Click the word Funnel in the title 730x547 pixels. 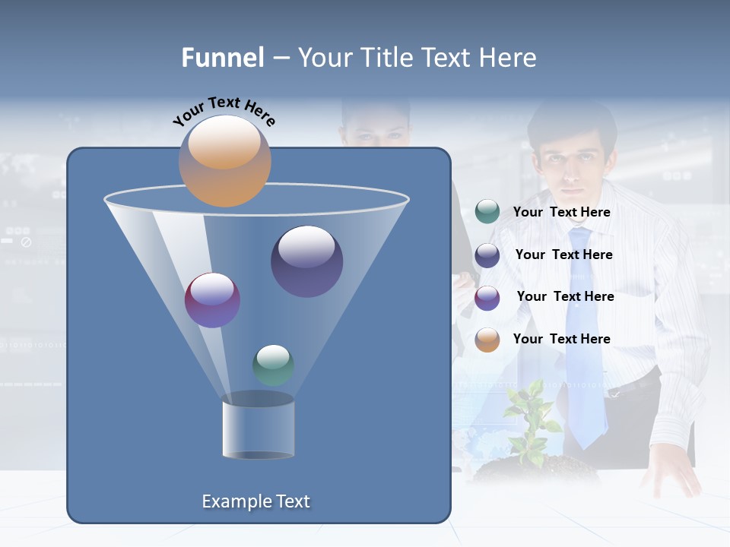click(223, 58)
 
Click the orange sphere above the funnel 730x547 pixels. click(224, 161)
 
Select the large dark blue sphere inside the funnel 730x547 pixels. click(306, 261)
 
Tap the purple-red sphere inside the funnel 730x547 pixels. click(212, 300)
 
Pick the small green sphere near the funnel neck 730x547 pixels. click(273, 365)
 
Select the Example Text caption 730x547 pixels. click(256, 501)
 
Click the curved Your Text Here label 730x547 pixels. click(224, 111)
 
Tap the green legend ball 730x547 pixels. click(487, 212)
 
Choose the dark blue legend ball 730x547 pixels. click(487, 255)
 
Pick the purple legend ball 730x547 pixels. click(487, 298)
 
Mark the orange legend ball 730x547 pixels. click(487, 340)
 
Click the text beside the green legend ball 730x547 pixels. click(561, 212)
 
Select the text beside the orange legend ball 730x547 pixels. click(561, 339)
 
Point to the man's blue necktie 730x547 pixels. click(585, 342)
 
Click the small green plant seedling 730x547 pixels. click(532, 422)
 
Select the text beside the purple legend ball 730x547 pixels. click(565, 296)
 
